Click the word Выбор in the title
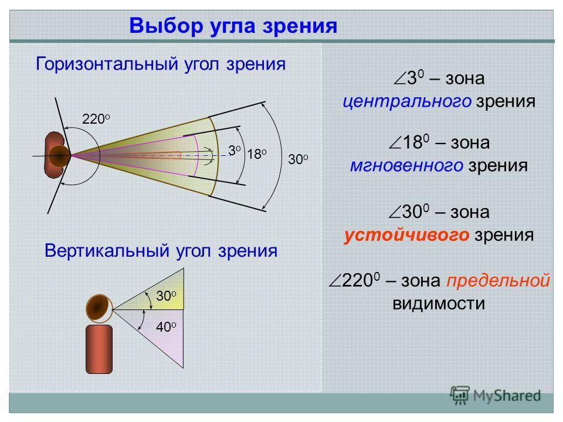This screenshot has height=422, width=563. click(165, 26)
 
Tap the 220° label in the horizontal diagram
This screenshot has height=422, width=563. click(96, 119)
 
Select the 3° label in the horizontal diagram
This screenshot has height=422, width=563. click(234, 151)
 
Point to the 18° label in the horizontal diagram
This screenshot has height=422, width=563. click(257, 154)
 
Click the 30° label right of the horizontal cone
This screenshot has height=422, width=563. click(298, 159)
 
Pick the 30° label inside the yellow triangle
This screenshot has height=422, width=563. click(166, 295)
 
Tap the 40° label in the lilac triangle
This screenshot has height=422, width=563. click(166, 327)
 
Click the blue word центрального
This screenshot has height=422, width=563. click(407, 101)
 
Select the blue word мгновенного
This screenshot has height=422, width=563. click(406, 166)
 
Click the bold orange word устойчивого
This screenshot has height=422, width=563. click(406, 236)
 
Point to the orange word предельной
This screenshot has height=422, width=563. click(498, 281)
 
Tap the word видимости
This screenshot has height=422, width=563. click(439, 304)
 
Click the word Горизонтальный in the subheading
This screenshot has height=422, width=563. click(107, 64)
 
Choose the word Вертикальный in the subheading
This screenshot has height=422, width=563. click(107, 250)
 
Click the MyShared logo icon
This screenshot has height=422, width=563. click(460, 395)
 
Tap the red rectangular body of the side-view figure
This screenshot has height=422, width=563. click(99, 349)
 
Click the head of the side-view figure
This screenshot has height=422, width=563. click(99, 309)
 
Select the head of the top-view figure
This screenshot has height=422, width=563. click(60, 156)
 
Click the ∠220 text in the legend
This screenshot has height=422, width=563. click(354, 280)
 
